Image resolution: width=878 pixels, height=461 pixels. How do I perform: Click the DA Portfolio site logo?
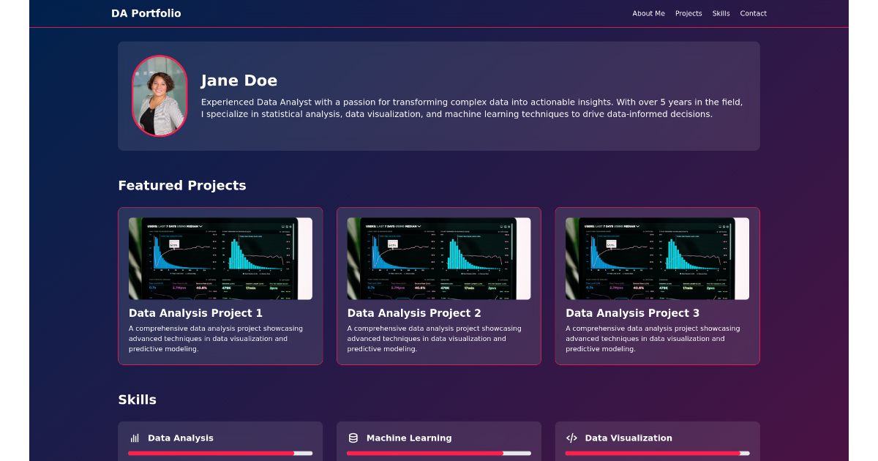tap(146, 13)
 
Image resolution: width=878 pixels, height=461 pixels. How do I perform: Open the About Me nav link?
tap(648, 13)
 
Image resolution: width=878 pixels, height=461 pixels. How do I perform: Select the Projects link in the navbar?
tap(688, 13)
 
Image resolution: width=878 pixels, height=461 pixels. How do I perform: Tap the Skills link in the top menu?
tap(721, 13)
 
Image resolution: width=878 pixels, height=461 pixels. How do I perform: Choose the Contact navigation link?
tap(753, 13)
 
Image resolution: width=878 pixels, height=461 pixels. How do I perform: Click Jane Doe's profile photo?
tap(160, 96)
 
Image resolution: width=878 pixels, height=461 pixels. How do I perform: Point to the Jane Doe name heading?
tap(239, 80)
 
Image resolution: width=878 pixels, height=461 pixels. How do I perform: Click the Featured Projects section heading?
tap(181, 185)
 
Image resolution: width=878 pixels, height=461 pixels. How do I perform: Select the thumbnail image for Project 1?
tap(220, 258)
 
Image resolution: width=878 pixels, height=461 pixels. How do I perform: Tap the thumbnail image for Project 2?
tap(439, 258)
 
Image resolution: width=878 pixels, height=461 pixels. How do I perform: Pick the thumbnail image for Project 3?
tap(657, 258)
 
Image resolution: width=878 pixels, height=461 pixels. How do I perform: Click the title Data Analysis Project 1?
tap(195, 313)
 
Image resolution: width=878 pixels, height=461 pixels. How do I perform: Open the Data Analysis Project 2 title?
tap(414, 313)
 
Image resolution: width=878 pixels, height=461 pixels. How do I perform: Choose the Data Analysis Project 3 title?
tap(632, 313)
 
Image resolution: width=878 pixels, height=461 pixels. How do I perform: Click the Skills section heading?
tap(137, 400)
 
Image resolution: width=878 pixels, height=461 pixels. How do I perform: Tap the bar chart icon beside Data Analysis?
tap(135, 438)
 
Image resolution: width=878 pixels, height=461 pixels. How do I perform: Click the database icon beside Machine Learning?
tap(353, 438)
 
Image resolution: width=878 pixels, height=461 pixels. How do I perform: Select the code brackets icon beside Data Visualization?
tap(571, 438)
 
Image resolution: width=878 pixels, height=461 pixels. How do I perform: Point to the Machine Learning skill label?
tap(409, 438)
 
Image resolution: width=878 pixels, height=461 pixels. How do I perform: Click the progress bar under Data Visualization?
tap(657, 453)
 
